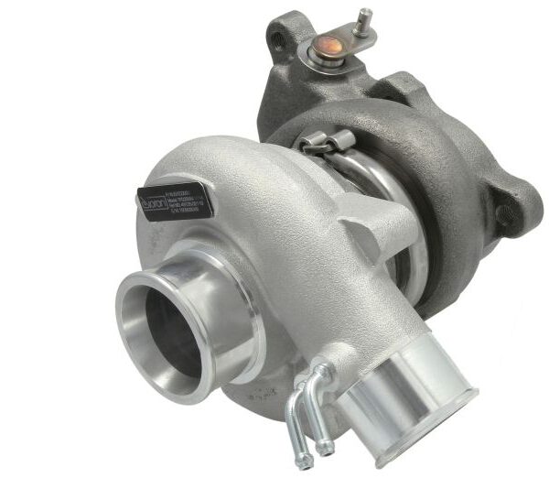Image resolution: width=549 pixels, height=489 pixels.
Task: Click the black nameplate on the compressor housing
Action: tap(175, 201)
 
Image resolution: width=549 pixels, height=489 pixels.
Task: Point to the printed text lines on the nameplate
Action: tap(188, 197)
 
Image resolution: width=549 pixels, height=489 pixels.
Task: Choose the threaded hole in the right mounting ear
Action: tap(502, 212)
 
